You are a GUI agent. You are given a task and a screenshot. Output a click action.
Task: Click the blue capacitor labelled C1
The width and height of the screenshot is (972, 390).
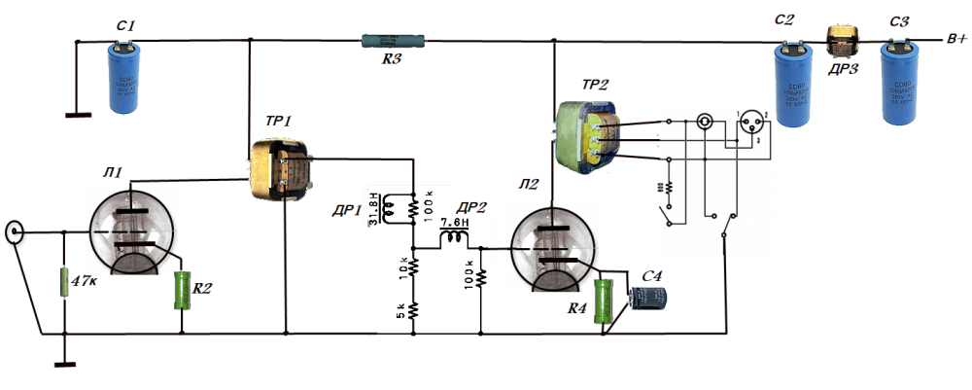[122, 77]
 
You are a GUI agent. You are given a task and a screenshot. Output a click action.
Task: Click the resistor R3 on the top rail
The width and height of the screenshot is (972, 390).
[393, 42]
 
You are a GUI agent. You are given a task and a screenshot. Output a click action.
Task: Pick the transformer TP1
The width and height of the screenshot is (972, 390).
[280, 172]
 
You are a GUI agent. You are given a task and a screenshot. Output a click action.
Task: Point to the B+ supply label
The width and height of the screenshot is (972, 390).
[955, 40]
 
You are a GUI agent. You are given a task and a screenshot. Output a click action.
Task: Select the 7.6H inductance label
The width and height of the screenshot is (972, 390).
[455, 222]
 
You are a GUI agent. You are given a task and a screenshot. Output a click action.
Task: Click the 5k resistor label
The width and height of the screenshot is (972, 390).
[399, 312]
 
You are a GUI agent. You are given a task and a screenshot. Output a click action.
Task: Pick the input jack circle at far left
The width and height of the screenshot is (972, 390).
[15, 232]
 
